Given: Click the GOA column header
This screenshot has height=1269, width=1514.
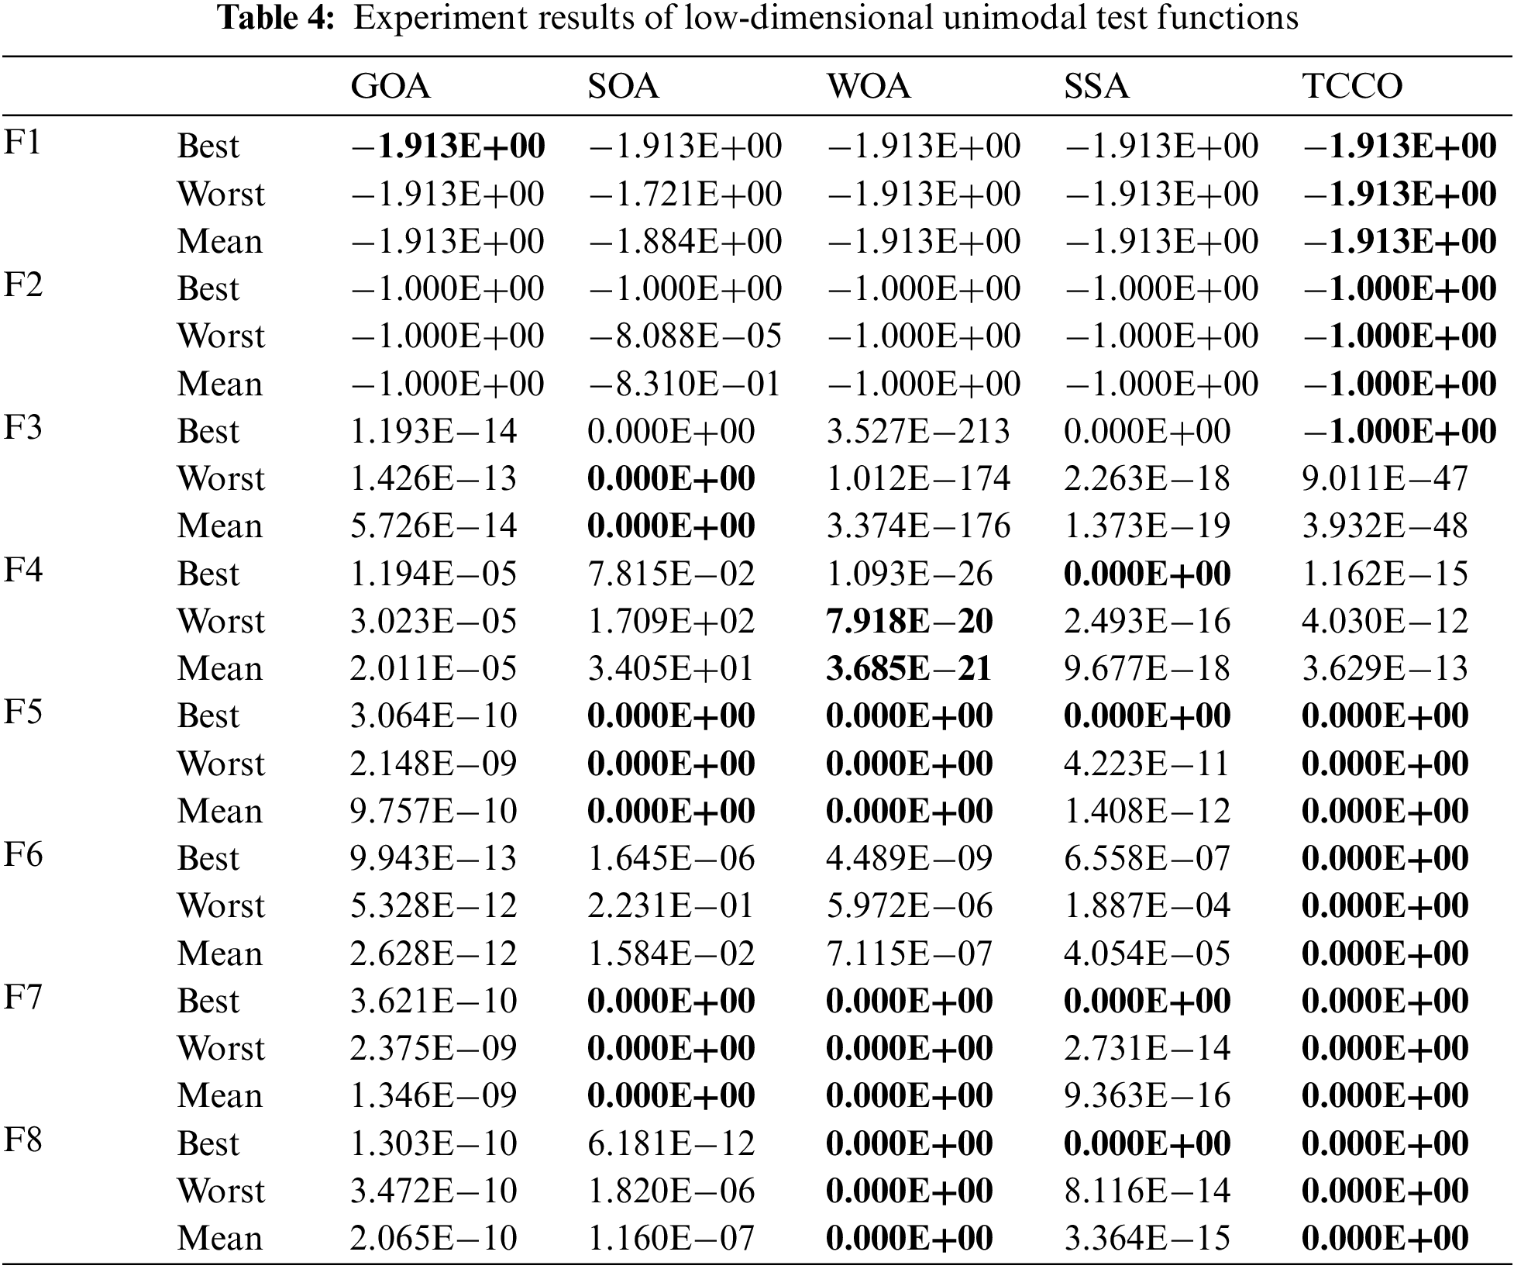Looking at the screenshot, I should click(391, 86).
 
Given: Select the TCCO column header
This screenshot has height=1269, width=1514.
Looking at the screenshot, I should click(1352, 86).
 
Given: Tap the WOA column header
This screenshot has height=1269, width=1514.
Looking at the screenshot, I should click(869, 86).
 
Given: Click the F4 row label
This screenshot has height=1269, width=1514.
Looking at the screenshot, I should click(23, 571).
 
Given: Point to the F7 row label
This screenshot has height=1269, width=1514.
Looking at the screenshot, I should click(23, 998).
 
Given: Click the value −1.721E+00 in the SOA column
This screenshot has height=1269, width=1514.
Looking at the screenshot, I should click(685, 194).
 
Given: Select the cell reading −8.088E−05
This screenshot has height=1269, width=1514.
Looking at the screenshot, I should click(685, 336).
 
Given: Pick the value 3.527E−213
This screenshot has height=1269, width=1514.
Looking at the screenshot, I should click(918, 432).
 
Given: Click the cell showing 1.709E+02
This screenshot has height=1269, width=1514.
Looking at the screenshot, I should click(671, 622).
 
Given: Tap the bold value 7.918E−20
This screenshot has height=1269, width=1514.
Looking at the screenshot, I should click(909, 622).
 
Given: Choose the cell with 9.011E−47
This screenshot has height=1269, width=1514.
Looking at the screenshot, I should click(1385, 479).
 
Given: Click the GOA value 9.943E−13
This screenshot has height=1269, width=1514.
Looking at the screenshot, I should click(433, 859).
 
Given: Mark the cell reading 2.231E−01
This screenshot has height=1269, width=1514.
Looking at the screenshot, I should click(671, 906).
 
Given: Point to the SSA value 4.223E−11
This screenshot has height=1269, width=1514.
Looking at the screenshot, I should click(1147, 764).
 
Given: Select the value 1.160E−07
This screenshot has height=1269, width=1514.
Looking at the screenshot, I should click(671, 1239).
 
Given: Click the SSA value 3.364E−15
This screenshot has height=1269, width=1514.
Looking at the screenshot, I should click(1147, 1239).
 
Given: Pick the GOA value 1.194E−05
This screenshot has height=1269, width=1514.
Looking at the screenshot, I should click(433, 574).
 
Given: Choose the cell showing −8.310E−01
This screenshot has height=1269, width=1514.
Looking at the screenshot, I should click(685, 384).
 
